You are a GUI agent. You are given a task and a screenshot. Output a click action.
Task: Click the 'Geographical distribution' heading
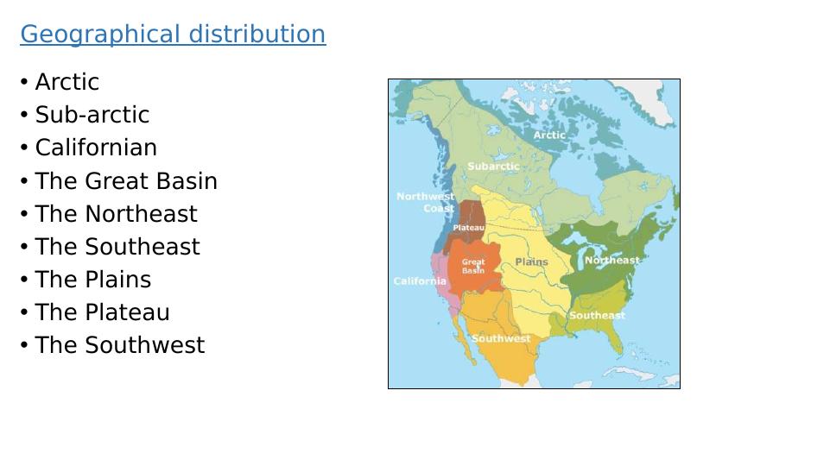(x=173, y=35)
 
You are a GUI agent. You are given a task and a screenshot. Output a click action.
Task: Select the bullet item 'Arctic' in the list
(x=67, y=82)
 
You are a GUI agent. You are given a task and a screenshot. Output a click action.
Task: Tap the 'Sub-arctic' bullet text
(x=92, y=115)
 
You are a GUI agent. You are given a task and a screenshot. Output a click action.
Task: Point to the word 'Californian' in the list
(x=96, y=148)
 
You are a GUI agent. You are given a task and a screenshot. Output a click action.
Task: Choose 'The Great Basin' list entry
(x=126, y=181)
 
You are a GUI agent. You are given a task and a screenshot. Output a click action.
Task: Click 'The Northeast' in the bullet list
(x=116, y=214)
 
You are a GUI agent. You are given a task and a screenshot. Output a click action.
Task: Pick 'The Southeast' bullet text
(x=117, y=247)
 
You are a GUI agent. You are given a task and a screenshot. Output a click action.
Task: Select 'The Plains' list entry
(x=93, y=280)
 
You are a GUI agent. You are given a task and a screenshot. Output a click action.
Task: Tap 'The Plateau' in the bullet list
(x=102, y=312)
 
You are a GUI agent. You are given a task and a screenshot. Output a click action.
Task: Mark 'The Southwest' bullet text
(x=120, y=345)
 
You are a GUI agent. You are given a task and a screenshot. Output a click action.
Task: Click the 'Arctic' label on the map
(x=549, y=135)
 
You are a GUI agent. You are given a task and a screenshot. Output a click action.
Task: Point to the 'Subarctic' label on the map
(x=493, y=166)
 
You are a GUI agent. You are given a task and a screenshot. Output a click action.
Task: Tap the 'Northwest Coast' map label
(x=426, y=202)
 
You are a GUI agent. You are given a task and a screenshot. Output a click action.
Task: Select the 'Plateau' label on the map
(x=468, y=228)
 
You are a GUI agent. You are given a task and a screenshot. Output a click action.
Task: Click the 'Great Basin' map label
(x=473, y=266)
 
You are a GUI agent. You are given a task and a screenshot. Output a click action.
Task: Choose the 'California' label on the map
(x=420, y=280)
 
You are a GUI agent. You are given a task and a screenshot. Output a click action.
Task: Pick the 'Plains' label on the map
(x=531, y=261)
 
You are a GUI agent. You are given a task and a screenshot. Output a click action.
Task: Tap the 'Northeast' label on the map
(x=611, y=261)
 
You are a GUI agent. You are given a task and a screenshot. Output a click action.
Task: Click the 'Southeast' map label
(x=597, y=315)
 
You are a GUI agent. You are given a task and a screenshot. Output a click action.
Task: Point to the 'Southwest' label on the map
(x=501, y=338)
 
